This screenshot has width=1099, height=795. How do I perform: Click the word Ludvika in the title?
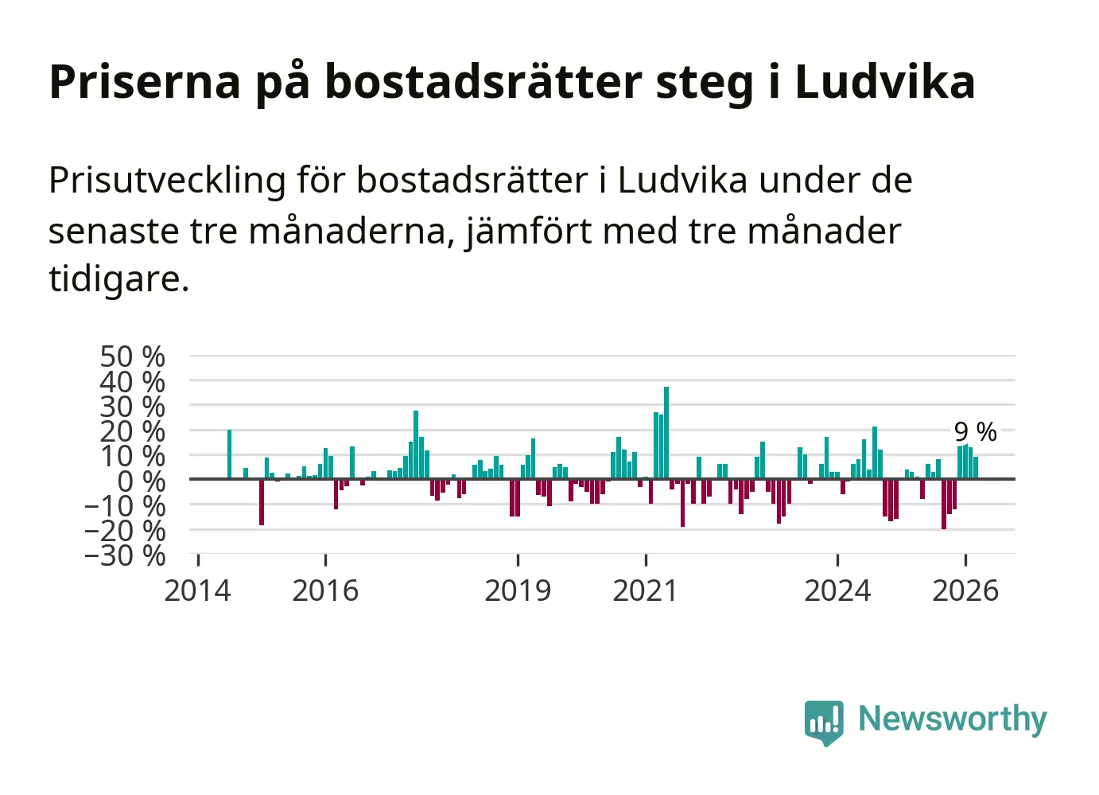coord(884,82)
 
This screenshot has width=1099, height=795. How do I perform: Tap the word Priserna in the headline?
coord(145,82)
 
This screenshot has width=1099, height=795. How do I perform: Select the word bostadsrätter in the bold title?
coord(483,82)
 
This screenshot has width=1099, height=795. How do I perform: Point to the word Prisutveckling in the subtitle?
coord(167,181)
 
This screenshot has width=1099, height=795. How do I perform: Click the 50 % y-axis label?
coord(133,357)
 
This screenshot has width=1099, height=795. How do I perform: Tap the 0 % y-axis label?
coord(142,481)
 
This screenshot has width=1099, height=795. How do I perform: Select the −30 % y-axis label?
coord(125,555)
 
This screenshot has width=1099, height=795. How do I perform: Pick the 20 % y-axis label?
coord(133,431)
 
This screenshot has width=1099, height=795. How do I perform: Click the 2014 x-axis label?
coord(197,591)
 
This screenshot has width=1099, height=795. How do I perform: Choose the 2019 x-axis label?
coord(518,591)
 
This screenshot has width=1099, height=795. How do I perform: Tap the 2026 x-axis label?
coord(965,591)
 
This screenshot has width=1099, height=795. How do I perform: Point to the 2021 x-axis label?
coord(645,591)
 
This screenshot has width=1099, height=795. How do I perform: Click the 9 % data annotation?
coord(975,432)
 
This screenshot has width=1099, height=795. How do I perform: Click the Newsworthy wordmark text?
coord(952,719)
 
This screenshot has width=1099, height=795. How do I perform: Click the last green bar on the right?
coord(976,468)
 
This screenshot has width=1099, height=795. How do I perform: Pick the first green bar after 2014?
coord(229,454)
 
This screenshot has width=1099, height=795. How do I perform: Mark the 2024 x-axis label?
coord(837,591)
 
